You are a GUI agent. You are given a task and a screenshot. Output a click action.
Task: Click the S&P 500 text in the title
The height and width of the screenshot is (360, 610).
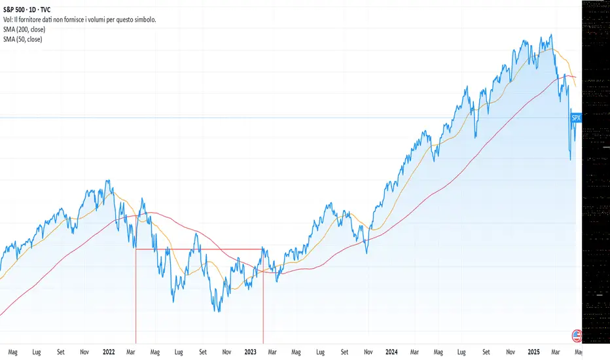[16, 10]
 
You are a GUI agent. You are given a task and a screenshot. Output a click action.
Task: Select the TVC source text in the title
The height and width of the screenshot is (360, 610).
[53, 10]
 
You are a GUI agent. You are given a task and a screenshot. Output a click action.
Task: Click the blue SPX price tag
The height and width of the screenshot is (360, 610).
[576, 118]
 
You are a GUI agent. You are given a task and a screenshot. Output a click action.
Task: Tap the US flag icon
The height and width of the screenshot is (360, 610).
[577, 336]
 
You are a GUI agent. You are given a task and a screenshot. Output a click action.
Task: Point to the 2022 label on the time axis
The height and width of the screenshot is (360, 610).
[109, 351]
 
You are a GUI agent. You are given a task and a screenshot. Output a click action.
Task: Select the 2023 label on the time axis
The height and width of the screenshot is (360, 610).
[250, 351]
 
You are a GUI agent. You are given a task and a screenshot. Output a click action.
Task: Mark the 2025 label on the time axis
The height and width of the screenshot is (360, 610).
[533, 351]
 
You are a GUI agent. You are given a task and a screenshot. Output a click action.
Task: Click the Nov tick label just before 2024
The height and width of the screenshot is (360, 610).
[368, 351]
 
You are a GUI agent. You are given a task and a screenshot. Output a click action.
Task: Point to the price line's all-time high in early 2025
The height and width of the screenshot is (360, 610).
[551, 35]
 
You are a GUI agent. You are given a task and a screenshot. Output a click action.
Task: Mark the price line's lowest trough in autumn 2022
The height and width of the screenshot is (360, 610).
[218, 310]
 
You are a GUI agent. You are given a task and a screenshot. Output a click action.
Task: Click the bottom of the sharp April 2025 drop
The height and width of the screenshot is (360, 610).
[570, 159]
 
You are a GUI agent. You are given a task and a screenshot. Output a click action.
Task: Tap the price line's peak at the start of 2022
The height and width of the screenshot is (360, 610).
[107, 180]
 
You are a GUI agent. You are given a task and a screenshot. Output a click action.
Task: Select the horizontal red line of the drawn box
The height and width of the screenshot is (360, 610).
[196, 249]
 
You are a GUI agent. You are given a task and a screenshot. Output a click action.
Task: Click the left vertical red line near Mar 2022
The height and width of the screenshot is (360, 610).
[135, 295]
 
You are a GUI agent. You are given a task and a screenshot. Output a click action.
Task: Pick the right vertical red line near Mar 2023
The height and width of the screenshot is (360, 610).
[263, 295]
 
